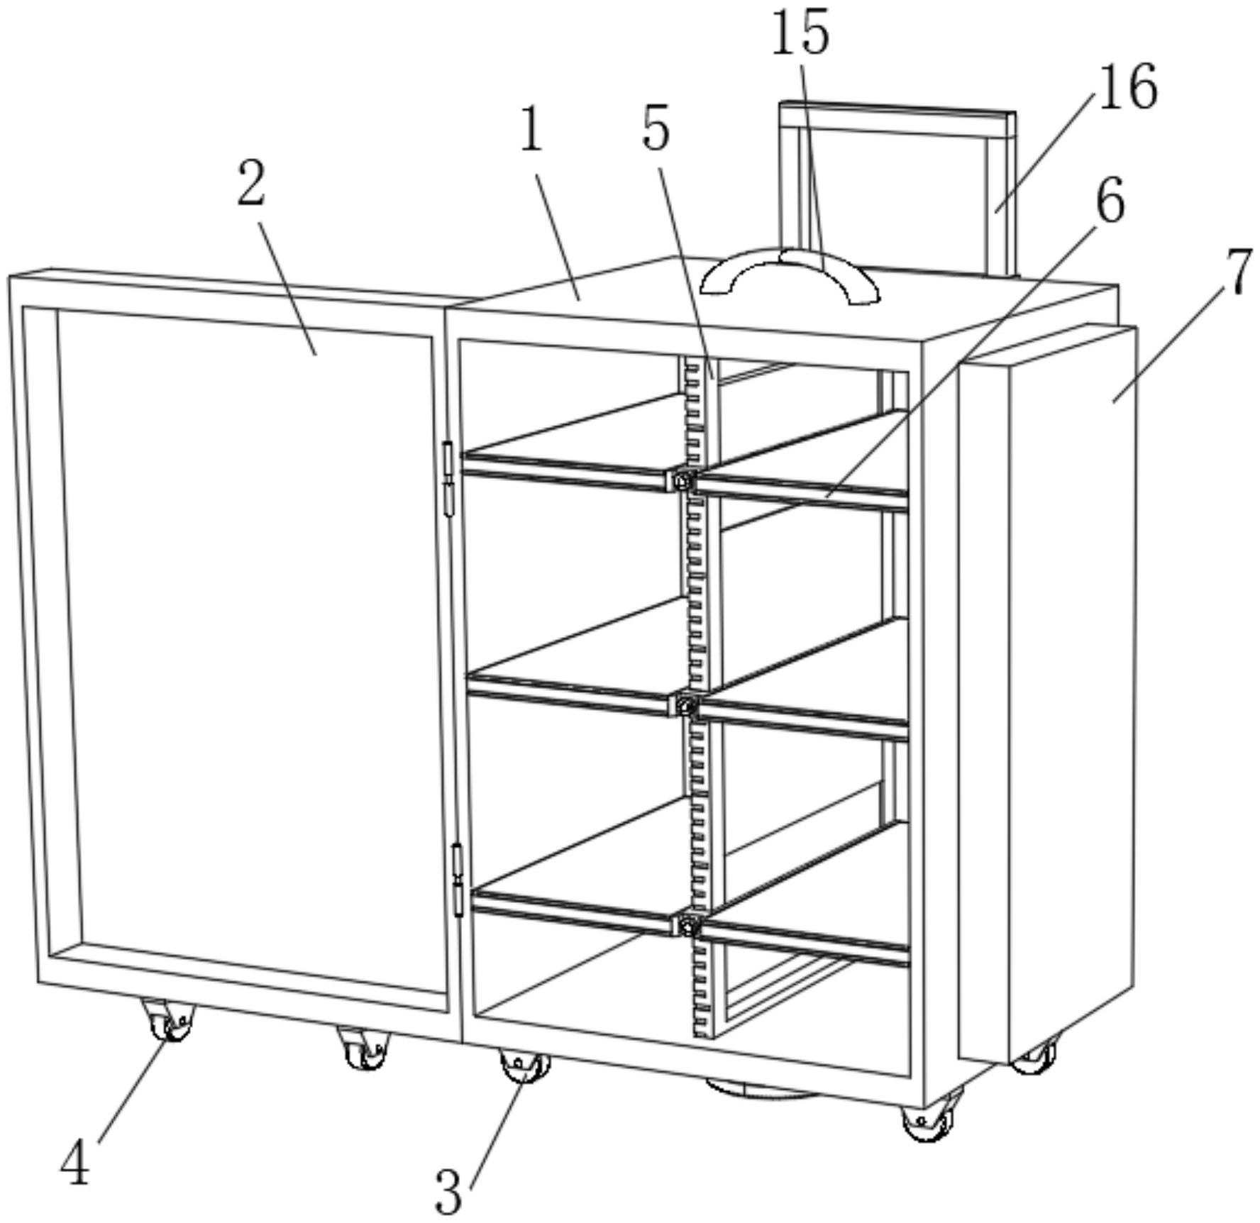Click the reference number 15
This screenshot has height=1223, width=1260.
point(800,33)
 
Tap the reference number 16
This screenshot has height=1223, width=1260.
point(1127,87)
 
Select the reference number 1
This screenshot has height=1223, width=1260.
point(531,131)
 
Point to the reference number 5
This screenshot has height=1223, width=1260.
point(656,129)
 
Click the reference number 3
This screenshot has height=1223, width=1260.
point(448,1192)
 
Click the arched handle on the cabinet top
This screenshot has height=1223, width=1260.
point(790,272)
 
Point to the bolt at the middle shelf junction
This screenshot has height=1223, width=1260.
point(685,705)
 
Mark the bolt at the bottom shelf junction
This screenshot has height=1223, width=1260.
point(686,924)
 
